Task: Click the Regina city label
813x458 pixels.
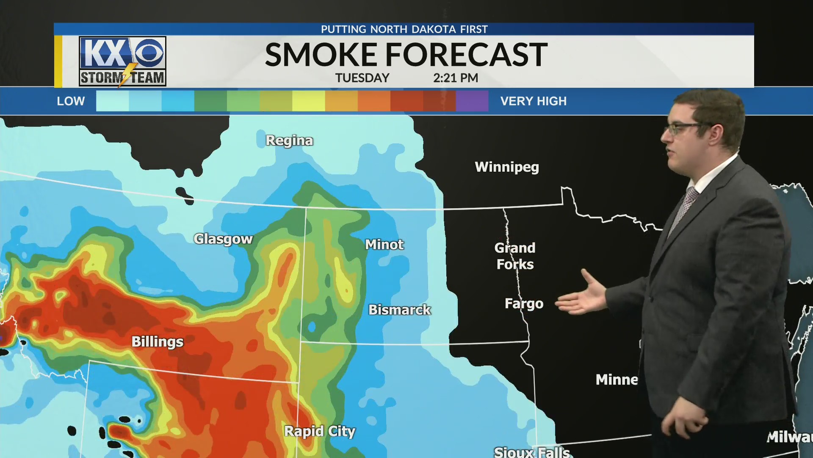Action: (289, 140)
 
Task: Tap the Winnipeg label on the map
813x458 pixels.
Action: (507, 167)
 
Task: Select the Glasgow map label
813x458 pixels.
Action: (223, 239)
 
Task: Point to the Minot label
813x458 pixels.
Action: (384, 245)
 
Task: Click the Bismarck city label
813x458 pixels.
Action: (399, 310)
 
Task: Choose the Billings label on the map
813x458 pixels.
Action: (158, 342)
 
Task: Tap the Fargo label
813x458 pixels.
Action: (524, 304)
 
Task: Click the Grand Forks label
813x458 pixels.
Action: (515, 256)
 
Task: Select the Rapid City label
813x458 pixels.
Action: (320, 431)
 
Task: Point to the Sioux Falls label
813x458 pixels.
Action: (532, 452)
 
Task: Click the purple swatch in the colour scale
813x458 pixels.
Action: (472, 101)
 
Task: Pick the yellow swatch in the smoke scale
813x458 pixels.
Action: (308, 101)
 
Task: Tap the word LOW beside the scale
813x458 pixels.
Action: (71, 101)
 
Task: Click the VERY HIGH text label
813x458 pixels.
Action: (533, 101)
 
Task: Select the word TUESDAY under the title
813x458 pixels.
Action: (362, 78)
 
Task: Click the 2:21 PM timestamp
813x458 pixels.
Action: (456, 78)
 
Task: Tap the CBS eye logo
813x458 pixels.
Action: (149, 53)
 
